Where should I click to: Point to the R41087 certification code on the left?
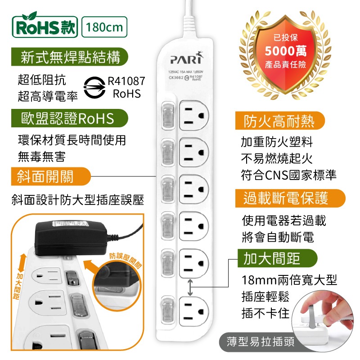tap(126, 81)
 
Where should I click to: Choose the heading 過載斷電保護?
tap(286, 198)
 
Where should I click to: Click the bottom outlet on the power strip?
tap(194, 310)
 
